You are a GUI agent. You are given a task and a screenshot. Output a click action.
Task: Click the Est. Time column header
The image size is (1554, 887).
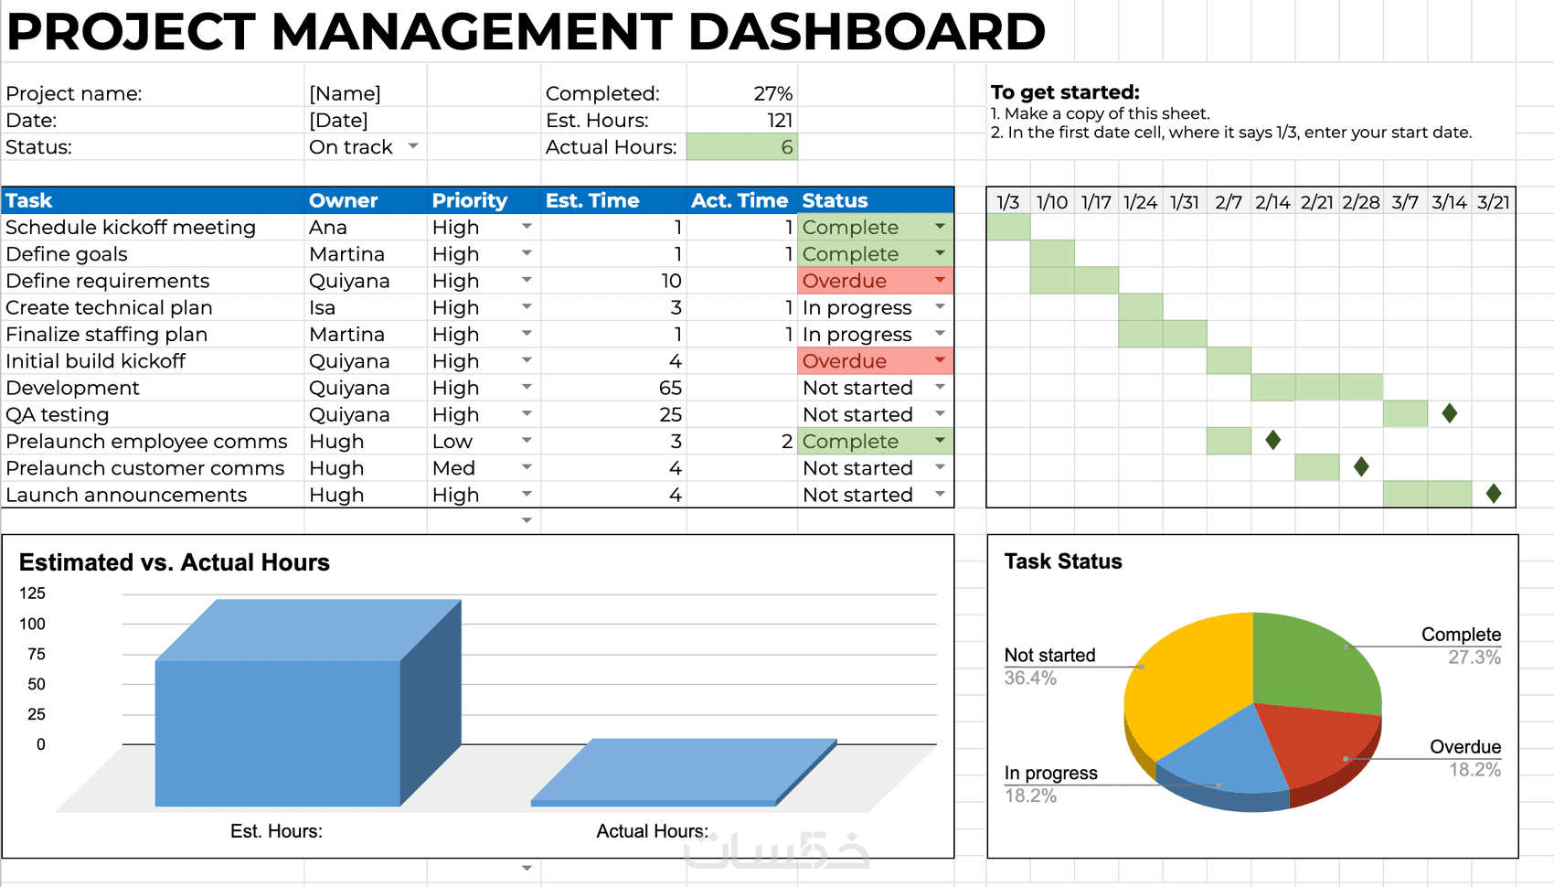(592, 200)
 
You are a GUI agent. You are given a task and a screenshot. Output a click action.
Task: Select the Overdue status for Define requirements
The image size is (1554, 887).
(845, 281)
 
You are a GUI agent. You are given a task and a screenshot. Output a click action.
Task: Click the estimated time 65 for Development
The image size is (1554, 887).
(670, 388)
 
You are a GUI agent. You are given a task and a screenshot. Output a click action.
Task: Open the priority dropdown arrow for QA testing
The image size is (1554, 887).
(527, 413)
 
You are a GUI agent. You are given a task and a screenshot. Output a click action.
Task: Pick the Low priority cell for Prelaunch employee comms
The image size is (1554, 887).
(452, 442)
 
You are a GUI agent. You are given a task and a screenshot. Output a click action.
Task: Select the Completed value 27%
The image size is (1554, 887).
(772, 93)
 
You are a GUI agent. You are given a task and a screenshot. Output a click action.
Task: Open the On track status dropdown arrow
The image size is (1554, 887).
(413, 146)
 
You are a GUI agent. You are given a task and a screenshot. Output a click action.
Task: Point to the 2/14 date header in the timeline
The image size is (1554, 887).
(1272, 202)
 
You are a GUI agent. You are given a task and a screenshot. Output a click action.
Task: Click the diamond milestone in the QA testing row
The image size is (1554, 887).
(1450, 413)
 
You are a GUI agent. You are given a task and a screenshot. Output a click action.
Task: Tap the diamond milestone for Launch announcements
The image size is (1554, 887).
(1494, 494)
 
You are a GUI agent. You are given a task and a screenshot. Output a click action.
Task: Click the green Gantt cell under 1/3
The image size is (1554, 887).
(1008, 227)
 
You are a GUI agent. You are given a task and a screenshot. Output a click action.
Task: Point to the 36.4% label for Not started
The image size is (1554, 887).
(1030, 678)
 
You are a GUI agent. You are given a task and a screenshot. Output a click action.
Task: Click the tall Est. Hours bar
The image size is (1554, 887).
(278, 732)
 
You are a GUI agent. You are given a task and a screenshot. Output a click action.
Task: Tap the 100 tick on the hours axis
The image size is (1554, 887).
(32, 624)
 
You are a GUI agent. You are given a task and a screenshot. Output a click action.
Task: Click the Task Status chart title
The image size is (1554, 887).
(1063, 561)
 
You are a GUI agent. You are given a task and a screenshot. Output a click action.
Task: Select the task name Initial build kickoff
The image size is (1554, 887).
(96, 361)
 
